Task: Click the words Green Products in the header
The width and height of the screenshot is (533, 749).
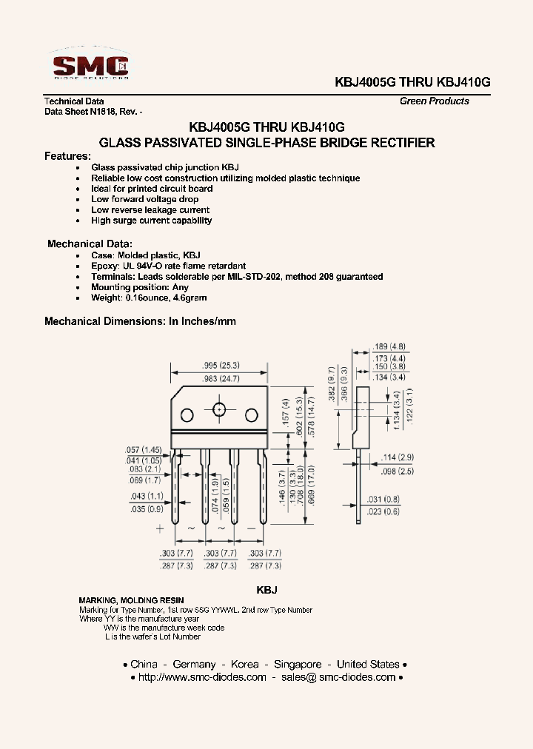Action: point(435,101)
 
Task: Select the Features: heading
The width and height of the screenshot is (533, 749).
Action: point(67,156)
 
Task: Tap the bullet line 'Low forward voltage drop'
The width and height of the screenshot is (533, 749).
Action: point(145,199)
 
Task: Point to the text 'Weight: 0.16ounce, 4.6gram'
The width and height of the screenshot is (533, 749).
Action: point(149,298)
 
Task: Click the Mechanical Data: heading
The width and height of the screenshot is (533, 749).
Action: point(90,243)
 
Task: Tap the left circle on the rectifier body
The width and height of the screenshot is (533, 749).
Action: point(187,414)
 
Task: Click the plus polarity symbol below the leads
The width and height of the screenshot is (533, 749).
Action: point(160,528)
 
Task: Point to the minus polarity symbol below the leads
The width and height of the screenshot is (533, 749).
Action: point(251,528)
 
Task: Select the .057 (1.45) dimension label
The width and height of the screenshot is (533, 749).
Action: point(144,450)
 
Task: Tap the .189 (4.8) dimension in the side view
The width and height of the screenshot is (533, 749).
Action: point(390,346)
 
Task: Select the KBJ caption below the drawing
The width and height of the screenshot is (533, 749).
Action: point(266,590)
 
